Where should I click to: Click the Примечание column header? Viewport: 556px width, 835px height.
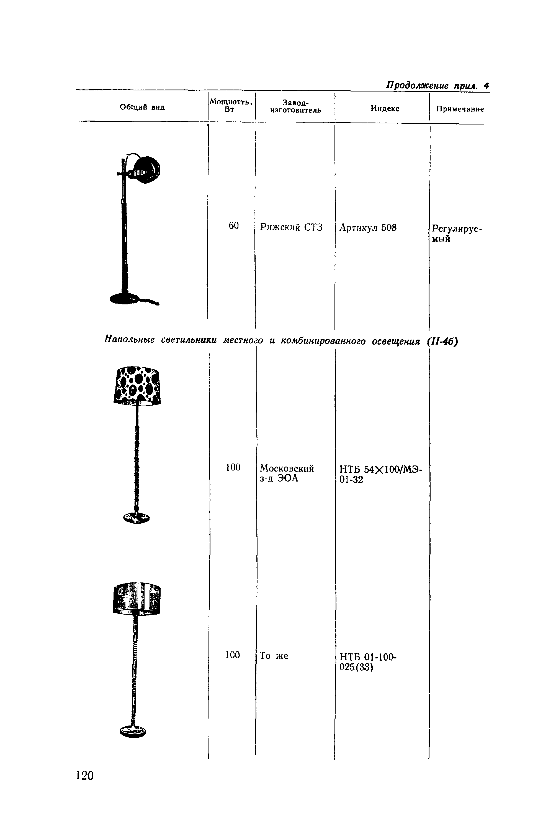460,109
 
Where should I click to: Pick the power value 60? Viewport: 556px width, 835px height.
234,225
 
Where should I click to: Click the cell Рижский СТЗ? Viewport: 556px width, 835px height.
291,227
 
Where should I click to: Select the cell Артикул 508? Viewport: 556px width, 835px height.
368,228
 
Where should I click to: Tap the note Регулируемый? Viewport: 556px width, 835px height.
457,233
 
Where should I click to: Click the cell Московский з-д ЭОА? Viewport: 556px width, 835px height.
287,473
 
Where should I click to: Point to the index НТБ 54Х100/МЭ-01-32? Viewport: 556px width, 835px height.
380,474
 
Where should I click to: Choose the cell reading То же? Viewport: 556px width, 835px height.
274,655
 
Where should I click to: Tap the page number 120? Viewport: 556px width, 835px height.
85,775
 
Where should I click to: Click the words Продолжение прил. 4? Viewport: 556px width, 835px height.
437,86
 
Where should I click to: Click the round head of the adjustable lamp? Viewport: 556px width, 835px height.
146,170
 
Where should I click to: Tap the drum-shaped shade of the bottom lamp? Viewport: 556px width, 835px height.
137,599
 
